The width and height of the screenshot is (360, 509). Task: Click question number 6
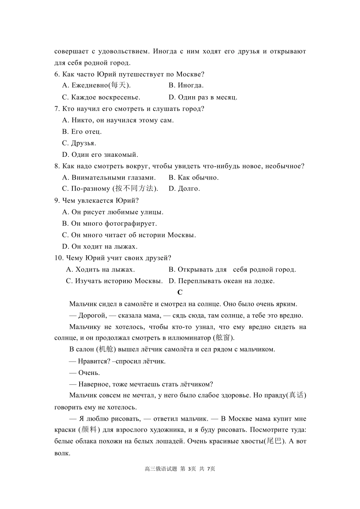(x=57, y=74)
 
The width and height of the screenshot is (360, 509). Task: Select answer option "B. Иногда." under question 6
(x=186, y=85)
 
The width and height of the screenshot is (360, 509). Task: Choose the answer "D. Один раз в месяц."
(x=203, y=97)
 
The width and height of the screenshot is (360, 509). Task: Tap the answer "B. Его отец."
(x=82, y=132)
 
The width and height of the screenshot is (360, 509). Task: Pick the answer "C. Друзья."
(x=79, y=143)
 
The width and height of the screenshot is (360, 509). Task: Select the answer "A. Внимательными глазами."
(x=109, y=178)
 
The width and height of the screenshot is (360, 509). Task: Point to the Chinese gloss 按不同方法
(x=135, y=189)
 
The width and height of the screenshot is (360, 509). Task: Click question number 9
(x=57, y=201)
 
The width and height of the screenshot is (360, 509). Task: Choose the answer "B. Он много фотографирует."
(x=110, y=224)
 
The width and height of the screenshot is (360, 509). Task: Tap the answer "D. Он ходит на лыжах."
(x=100, y=247)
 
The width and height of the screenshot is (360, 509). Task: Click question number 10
(x=59, y=258)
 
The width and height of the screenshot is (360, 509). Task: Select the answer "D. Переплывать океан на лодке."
(x=222, y=281)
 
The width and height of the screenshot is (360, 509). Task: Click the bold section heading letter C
(x=180, y=292)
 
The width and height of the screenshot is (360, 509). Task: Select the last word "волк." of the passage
(x=62, y=453)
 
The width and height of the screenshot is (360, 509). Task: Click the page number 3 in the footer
(x=189, y=469)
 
